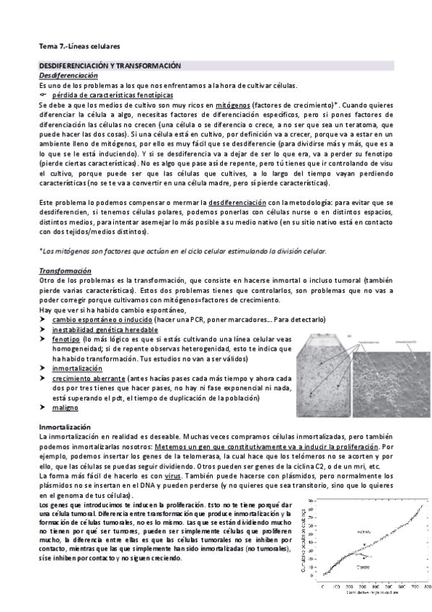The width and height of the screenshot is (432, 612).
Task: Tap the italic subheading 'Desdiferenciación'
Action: click(68, 76)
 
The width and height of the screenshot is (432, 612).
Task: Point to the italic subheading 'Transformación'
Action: click(64, 271)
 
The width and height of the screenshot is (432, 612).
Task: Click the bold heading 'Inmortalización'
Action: click(64, 428)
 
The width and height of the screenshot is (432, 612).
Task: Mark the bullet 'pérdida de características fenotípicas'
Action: click(113, 95)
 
